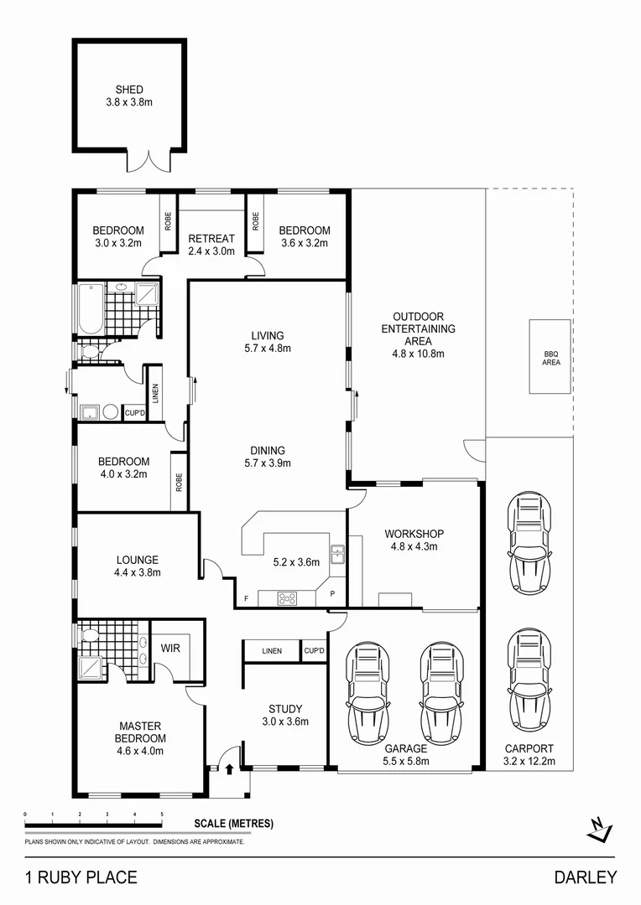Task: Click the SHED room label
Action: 129,90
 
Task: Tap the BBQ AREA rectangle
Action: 550,357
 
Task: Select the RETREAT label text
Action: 211,239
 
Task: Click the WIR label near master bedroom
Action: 170,648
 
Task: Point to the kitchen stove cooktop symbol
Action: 288,598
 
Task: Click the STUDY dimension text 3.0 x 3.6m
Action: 285,721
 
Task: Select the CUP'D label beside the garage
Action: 314,651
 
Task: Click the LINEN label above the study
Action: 272,651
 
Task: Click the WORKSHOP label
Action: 414,534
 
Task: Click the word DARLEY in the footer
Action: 585,877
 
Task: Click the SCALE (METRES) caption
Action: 233,824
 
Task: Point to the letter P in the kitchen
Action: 332,594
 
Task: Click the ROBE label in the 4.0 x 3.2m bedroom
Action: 179,482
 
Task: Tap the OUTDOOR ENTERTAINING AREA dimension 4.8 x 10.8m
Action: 418,354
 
